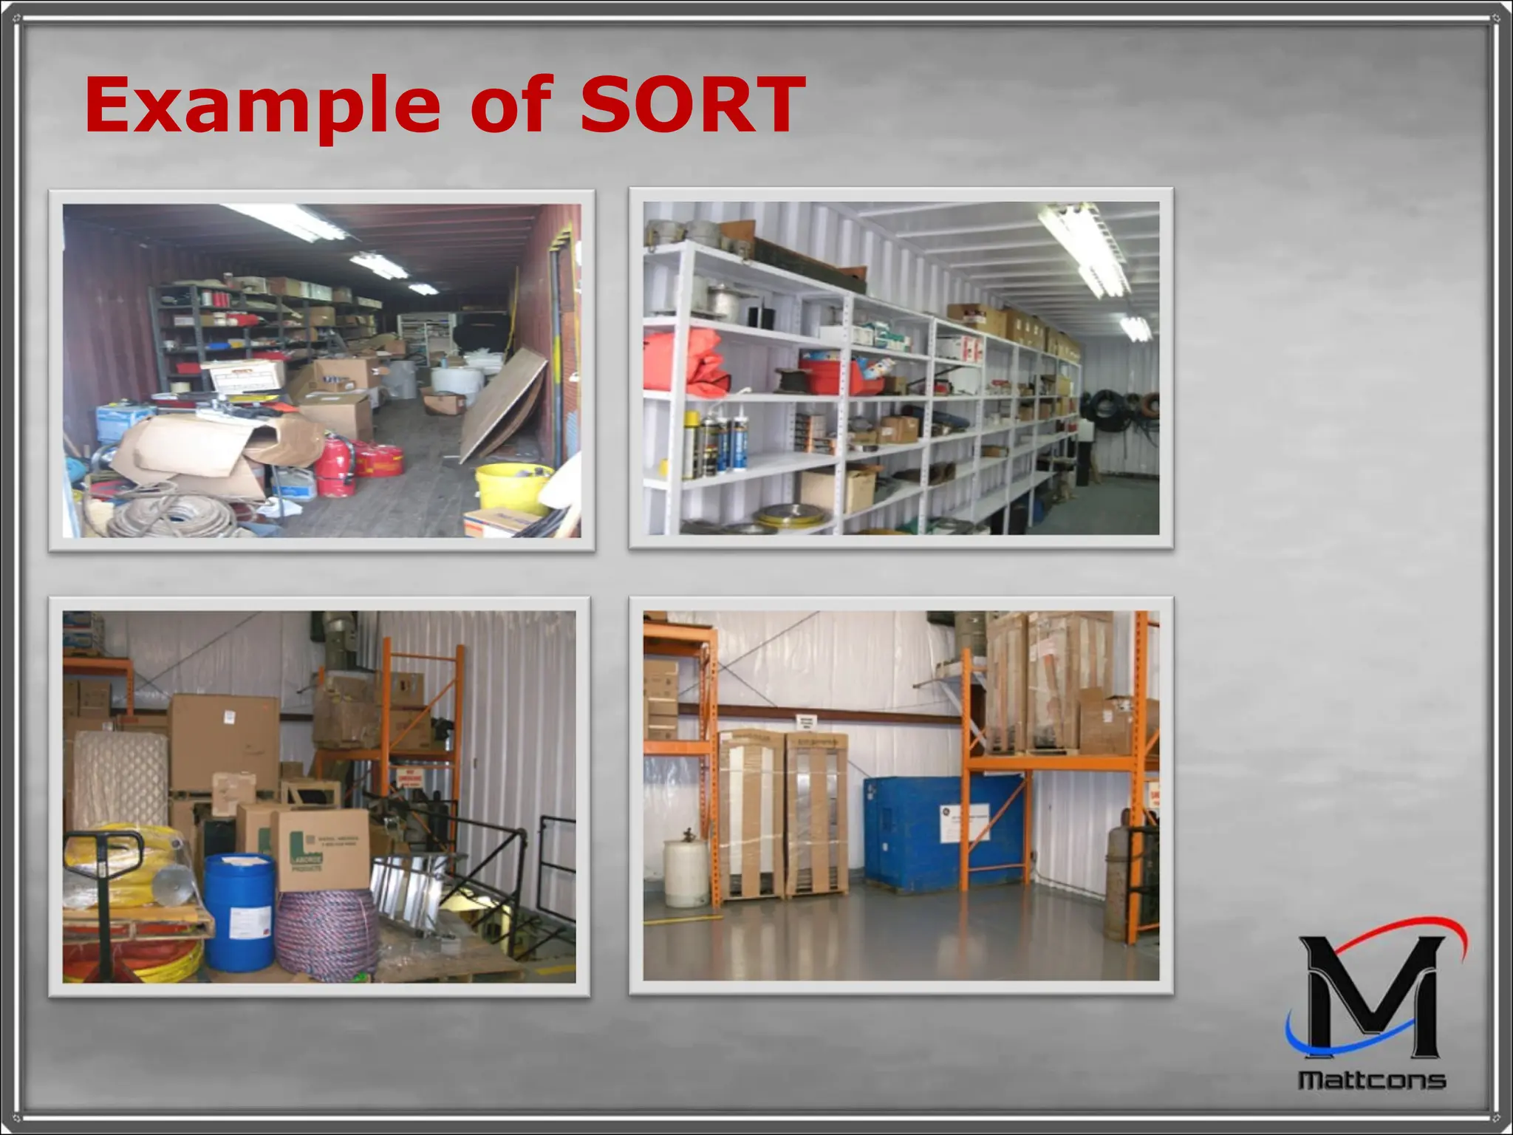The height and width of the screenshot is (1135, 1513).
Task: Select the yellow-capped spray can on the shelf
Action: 691,443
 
